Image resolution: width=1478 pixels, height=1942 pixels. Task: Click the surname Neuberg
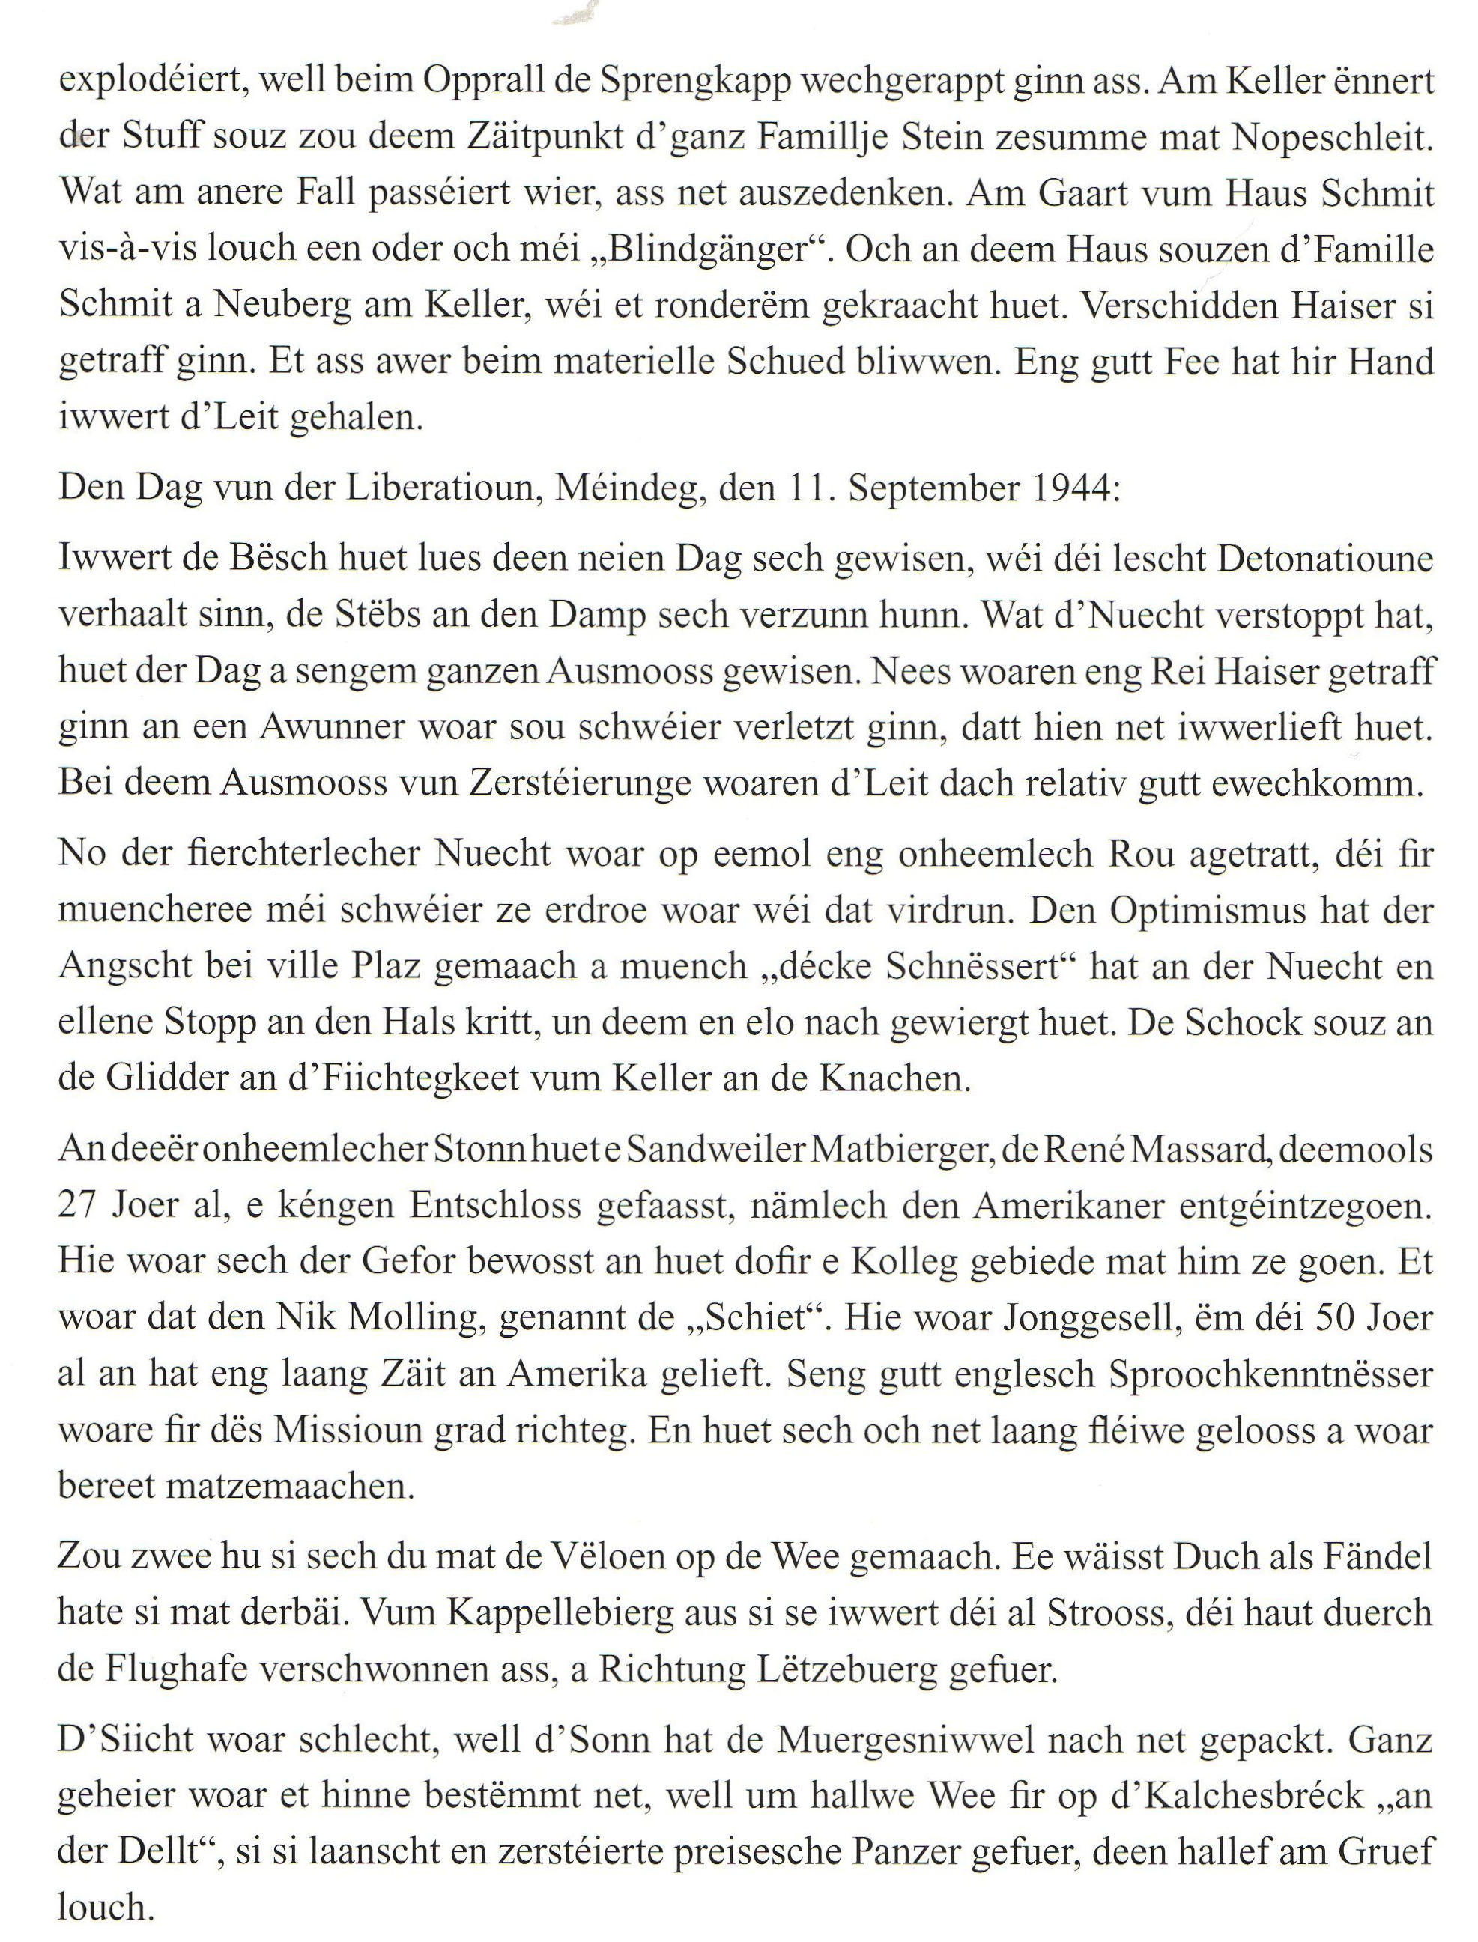pos(294,306)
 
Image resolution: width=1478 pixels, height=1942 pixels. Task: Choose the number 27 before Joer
pos(79,1206)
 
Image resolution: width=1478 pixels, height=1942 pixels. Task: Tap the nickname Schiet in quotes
pos(757,1317)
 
